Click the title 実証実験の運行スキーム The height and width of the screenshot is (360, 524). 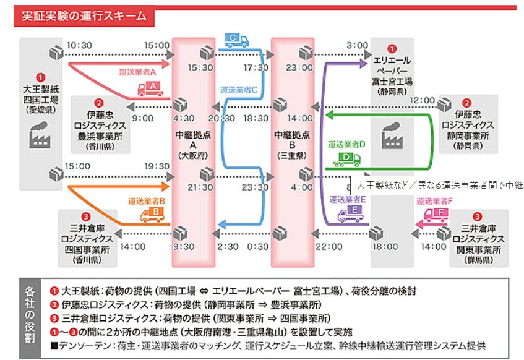[x=80, y=15]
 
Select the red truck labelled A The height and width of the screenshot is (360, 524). [x=150, y=90]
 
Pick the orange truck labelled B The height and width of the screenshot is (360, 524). [x=152, y=214]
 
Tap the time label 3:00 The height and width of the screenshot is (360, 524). [x=358, y=45]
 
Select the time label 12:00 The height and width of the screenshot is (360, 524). [x=423, y=100]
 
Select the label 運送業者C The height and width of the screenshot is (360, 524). [x=238, y=90]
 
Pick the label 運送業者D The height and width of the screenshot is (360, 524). [x=347, y=144]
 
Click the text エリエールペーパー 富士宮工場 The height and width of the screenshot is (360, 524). [x=392, y=72]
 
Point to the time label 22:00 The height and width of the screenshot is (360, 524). [x=329, y=246]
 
